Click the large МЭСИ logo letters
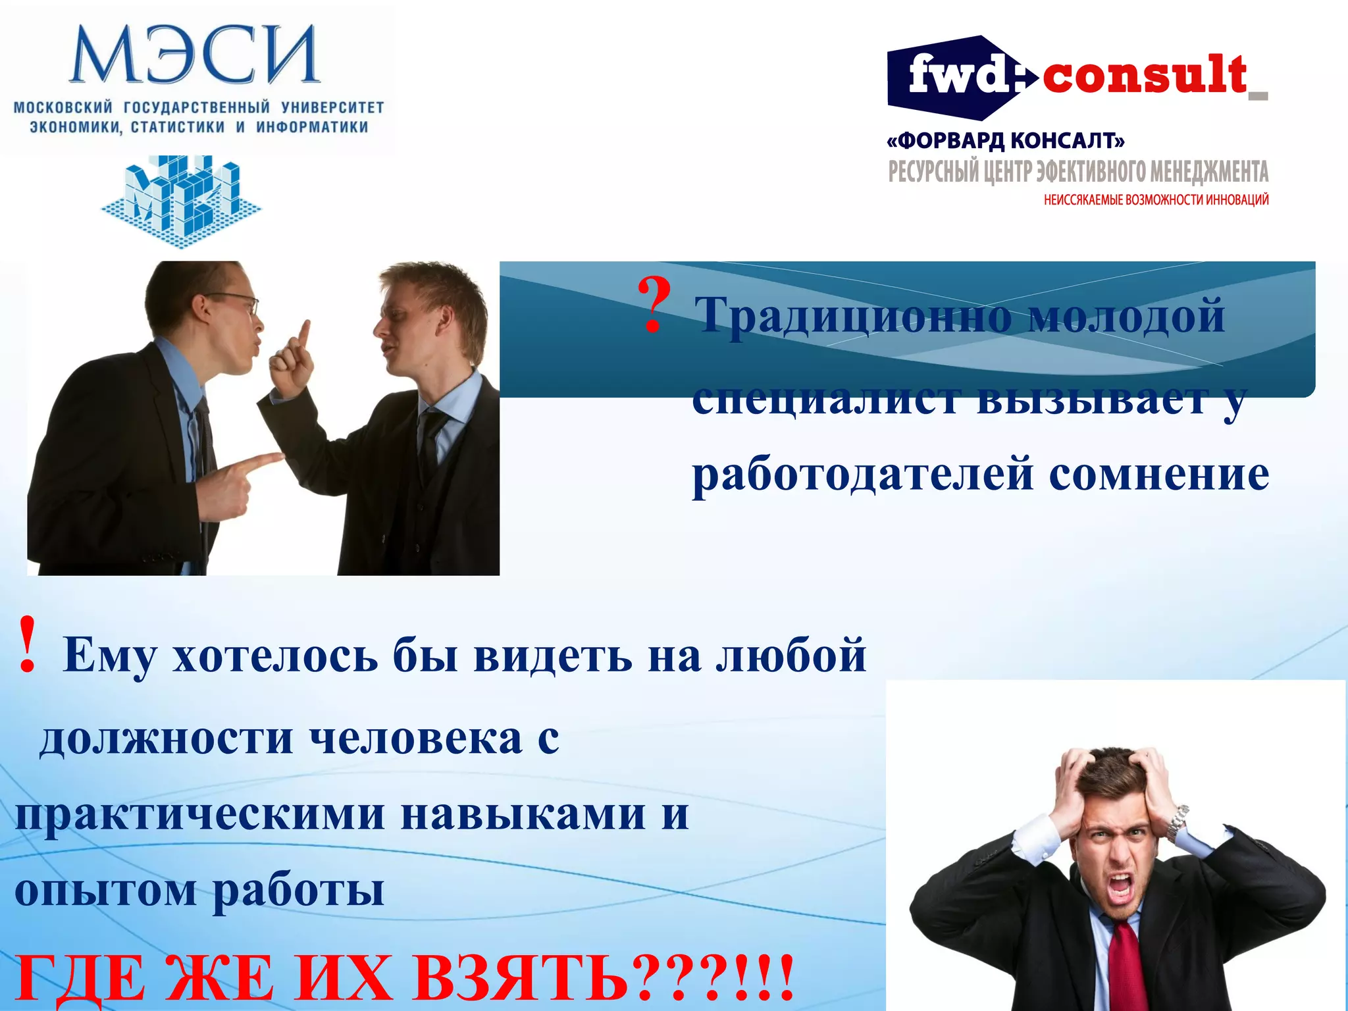click(195, 55)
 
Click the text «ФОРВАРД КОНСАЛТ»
click(1006, 141)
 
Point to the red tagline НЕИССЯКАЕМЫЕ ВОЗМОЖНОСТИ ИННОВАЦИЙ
click(1156, 200)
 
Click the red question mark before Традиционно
click(654, 307)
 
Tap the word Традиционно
click(853, 316)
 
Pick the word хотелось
click(275, 656)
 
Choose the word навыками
click(523, 815)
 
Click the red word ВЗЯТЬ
click(520, 978)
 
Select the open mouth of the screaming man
click(1120, 887)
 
